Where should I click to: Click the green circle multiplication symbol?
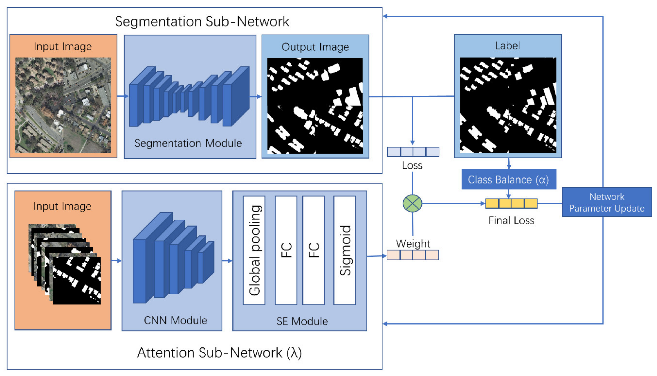pos(412,204)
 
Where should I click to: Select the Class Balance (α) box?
pos(508,179)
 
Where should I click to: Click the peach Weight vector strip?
pos(413,255)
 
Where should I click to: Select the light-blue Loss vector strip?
pos(413,152)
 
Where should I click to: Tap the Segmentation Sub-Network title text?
pos(202,21)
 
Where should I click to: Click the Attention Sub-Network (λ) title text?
pos(219,353)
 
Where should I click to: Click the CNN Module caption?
pos(175,321)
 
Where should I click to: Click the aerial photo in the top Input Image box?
pos(63,105)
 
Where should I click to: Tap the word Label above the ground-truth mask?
pos(508,46)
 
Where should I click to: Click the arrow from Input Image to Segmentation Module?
pos(123,96)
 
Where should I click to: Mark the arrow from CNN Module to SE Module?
pos(227,261)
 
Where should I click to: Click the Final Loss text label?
pos(511,220)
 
